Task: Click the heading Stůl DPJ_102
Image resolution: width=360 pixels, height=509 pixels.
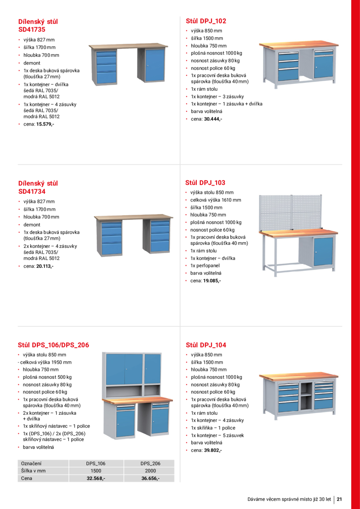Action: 206,21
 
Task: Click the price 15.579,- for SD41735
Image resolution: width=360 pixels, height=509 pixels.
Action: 45,124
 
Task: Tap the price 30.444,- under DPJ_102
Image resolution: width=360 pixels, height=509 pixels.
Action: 213,119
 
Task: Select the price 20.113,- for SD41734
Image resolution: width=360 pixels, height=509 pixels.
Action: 45,266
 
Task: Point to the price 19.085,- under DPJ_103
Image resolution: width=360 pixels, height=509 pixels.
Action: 212,281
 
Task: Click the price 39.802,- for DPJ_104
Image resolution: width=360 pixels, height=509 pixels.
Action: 213,450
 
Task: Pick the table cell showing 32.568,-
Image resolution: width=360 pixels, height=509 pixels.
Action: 95,478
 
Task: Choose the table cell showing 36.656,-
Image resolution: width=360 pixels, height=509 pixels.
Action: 150,478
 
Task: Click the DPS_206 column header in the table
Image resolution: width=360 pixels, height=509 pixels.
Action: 150,463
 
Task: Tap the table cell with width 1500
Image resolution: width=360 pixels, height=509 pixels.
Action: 95,470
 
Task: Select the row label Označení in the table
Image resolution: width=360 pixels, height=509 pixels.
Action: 31,463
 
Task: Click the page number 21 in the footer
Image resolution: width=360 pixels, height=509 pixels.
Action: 339,499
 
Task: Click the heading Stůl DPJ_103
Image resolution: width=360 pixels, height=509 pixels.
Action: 205,183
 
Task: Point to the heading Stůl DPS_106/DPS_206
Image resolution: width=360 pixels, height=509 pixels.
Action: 53,345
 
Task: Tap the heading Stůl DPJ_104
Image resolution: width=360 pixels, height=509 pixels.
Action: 206,345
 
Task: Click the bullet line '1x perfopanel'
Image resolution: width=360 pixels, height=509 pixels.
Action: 205,266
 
